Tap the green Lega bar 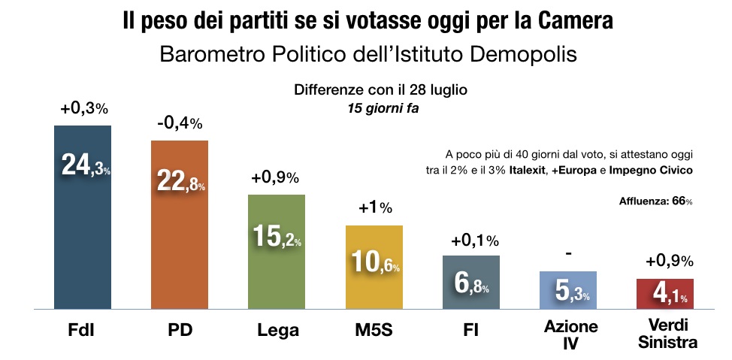click(277, 251)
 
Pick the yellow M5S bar click(374, 267)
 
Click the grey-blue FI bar click(470, 282)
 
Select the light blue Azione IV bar click(567, 289)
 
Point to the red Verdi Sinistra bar click(664, 293)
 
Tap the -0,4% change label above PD click(180, 124)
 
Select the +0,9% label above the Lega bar click(277, 178)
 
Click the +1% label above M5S click(374, 209)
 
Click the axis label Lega click(277, 331)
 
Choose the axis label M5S click(374, 331)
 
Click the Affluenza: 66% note click(655, 201)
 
